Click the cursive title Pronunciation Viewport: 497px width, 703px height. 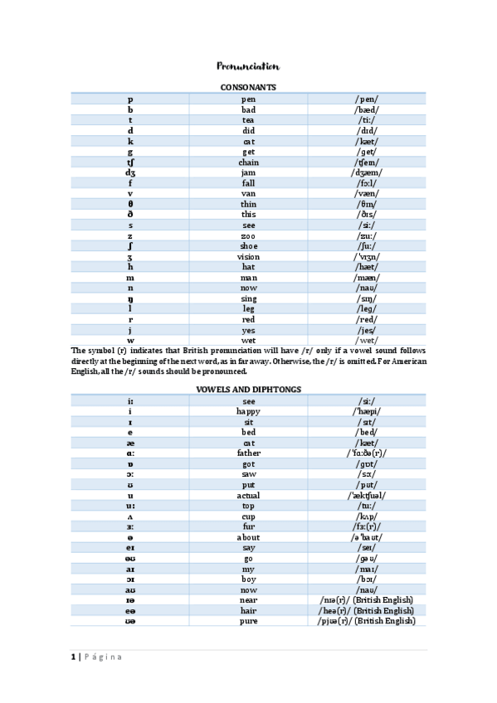(248, 66)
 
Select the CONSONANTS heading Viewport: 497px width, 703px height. (248, 87)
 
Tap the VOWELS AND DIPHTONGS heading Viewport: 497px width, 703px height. (248, 389)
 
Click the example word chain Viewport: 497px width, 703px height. (248, 162)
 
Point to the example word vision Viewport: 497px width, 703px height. (248, 257)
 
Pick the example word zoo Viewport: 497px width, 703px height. (248, 236)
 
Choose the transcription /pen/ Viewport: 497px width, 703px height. (366, 99)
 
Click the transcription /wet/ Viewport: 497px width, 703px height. (366, 341)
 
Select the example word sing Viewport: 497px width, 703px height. (248, 298)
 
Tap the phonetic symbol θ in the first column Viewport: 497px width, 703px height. (130, 204)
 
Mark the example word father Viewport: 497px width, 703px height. (248, 453)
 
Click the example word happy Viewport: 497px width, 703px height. (248, 411)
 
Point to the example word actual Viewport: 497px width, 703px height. (248, 496)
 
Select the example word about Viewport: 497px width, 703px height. (248, 537)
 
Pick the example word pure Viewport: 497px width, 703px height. (248, 621)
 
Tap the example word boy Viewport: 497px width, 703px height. (248, 579)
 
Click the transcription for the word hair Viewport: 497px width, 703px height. (366, 610)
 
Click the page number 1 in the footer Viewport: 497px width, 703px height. (72, 657)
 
